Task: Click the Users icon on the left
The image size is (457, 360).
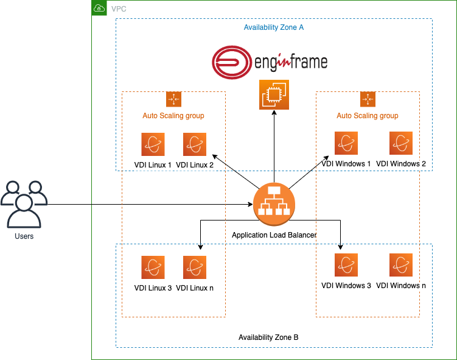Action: (x=24, y=203)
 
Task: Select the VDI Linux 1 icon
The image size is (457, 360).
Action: (x=153, y=144)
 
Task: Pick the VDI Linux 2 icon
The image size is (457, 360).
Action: (x=195, y=144)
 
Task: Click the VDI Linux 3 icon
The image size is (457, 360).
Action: (x=153, y=267)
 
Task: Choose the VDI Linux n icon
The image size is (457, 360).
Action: (x=195, y=267)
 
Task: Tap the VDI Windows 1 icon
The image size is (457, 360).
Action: (x=346, y=143)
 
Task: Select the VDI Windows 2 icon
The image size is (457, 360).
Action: (x=401, y=143)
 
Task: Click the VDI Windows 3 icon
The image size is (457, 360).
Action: (x=346, y=265)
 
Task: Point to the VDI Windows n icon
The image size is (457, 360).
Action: (x=401, y=265)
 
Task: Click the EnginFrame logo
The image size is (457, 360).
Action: (x=270, y=62)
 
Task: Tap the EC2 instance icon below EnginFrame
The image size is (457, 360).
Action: (x=274, y=94)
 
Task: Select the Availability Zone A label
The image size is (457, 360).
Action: (x=274, y=28)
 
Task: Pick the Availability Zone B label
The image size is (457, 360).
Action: (x=268, y=337)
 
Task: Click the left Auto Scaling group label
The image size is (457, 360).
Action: (x=173, y=115)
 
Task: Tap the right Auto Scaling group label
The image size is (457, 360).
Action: (x=368, y=115)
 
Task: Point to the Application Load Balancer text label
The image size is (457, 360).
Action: (x=274, y=235)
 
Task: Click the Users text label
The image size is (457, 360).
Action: (x=24, y=236)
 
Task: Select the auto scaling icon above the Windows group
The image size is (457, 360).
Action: (x=368, y=99)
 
